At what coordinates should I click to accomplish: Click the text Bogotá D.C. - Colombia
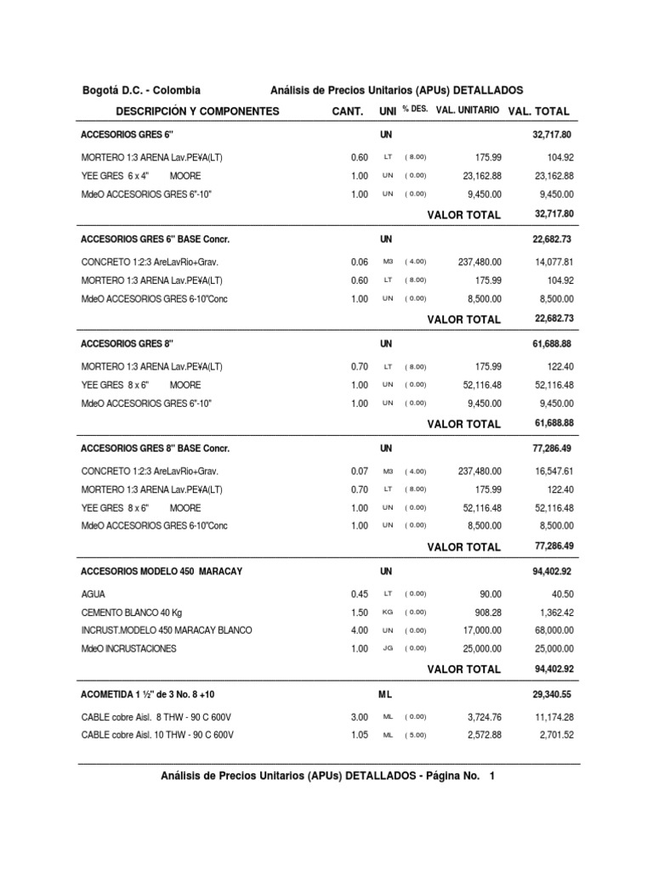coord(140,90)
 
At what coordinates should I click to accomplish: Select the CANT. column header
coord(347,111)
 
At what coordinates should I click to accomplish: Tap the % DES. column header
coord(415,110)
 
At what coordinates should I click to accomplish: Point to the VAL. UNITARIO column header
coord(467,110)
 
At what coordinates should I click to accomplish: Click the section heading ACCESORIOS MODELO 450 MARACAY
coord(162,572)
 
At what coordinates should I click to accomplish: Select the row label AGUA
coord(94,595)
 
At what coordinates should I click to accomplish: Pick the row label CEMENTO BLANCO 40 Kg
coord(135,613)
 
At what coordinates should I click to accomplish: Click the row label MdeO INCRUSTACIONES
coord(128,648)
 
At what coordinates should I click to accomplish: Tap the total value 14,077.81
coord(550,263)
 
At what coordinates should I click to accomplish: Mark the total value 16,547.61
coord(550,471)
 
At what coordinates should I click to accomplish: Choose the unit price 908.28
coord(486,613)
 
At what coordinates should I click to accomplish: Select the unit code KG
coord(387,613)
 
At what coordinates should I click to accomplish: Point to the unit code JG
coord(387,648)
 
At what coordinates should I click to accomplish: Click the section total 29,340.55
coord(552,694)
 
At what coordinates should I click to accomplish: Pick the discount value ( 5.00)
coord(415,735)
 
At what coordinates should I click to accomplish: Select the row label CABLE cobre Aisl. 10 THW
coord(157,735)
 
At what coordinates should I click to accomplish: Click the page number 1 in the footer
coord(492,776)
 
